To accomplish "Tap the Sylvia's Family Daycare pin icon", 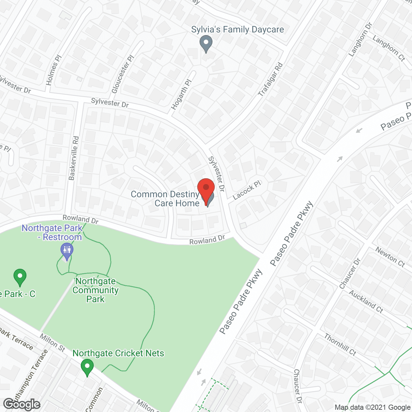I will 206,43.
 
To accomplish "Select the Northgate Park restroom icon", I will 67,251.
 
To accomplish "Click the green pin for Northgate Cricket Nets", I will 87,367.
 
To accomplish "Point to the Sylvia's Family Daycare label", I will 238,30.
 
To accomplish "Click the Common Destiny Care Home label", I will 165,199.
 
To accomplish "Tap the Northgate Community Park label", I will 96,290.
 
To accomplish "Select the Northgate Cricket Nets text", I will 118,353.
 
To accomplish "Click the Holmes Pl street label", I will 53,70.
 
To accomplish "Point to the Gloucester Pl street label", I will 123,74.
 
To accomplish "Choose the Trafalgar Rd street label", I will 270,80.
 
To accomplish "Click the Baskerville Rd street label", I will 74,158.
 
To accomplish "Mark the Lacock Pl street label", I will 247,190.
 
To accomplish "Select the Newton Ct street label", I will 390,257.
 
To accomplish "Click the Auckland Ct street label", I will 366,302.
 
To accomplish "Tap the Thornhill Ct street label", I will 340,345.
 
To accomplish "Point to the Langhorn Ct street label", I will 389,48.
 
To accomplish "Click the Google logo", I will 22,404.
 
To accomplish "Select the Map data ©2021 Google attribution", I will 372,407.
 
